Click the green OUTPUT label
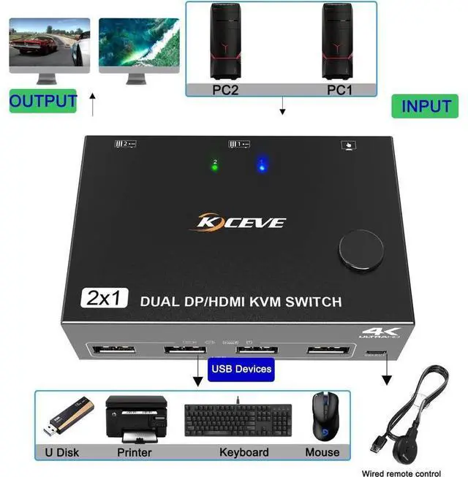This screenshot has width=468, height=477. (43, 101)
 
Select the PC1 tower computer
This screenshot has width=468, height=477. (339, 42)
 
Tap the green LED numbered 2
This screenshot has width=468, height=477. (214, 167)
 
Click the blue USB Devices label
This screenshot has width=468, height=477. (241, 368)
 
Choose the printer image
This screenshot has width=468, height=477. (134, 418)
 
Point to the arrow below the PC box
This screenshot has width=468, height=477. (282, 108)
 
